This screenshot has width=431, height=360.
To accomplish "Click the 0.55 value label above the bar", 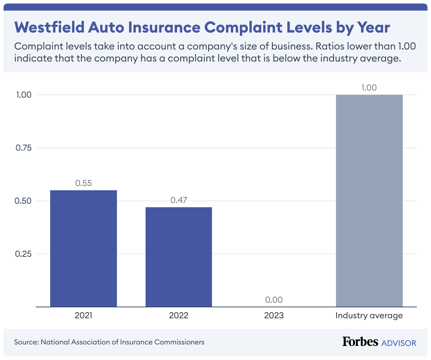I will (x=83, y=183).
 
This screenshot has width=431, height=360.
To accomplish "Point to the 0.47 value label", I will (x=179, y=200).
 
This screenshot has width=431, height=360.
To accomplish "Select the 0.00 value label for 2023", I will (x=274, y=300).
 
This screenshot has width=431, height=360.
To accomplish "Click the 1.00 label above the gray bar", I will (x=369, y=88).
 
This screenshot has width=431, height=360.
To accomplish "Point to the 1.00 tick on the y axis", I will (x=24, y=95).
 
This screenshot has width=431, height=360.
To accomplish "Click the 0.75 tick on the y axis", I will (x=24, y=148).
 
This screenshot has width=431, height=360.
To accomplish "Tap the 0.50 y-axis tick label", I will (x=24, y=201).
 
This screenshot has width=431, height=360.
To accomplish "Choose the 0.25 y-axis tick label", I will (x=24, y=254).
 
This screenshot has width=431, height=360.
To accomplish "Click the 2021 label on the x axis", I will (x=83, y=315).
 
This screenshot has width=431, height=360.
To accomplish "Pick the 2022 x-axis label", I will (x=179, y=315).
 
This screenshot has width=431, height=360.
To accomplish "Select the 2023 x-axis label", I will (x=274, y=315).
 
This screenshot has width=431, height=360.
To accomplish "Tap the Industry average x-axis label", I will (x=369, y=315).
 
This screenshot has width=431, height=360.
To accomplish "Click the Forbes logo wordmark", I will (x=360, y=342).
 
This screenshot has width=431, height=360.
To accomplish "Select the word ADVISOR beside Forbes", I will (x=399, y=343).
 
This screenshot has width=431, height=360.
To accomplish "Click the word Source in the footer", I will (x=26, y=342).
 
